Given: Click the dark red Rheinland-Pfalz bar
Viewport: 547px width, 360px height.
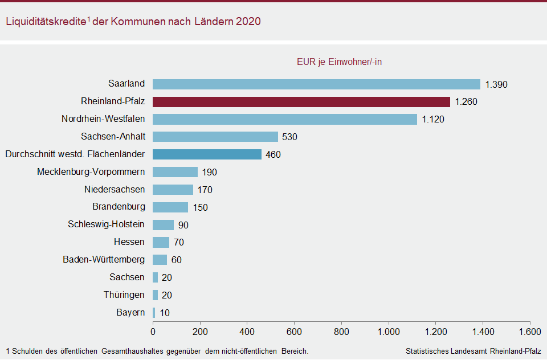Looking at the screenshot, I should point(301,102).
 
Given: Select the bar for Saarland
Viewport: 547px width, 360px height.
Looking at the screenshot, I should point(316,84).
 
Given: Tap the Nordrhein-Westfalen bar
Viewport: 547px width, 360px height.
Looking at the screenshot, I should point(285,120).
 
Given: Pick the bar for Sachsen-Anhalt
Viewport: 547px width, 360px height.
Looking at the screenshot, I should point(215,137).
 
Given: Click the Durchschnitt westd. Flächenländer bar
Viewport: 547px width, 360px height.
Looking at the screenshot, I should point(207,154).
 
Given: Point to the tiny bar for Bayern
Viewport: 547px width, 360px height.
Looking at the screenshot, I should point(154,313).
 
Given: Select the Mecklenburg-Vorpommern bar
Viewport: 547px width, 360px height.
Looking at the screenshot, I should point(175,172).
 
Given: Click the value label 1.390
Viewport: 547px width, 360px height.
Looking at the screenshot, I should point(496,85).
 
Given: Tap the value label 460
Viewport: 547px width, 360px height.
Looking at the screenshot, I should point(273,155).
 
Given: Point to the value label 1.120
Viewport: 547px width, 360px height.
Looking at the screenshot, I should point(432,120).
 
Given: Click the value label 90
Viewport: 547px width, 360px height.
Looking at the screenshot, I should point(183,225).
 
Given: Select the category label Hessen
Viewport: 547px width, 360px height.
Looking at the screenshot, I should point(129,242).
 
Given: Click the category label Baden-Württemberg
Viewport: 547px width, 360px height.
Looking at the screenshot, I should point(104,260).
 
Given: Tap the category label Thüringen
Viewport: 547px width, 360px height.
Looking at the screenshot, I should point(124,295).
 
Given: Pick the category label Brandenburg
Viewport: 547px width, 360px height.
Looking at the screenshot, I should point(119,207).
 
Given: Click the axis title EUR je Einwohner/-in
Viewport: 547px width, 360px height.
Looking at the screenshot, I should point(339,62).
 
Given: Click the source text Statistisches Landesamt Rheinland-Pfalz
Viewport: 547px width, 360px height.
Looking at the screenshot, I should point(473,351).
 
